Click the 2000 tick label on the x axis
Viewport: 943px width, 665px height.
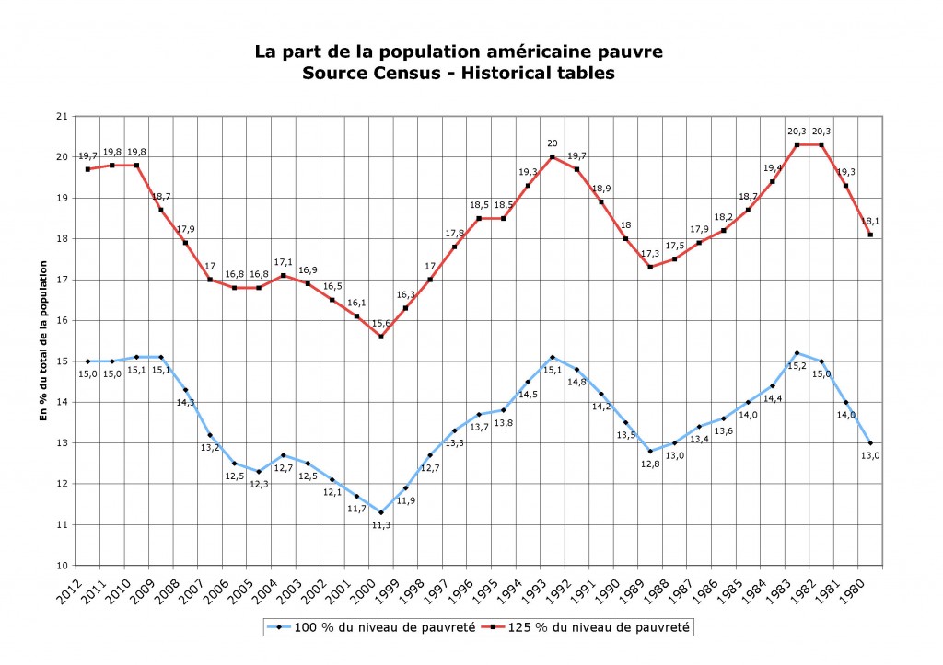pos(373,588)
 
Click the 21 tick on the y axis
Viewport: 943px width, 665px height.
pos(62,116)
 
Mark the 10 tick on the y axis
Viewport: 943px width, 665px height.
pos(62,565)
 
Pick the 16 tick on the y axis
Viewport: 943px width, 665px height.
pos(62,320)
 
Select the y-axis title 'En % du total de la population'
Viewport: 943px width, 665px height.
pos(42,340)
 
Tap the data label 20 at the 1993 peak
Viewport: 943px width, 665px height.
pos(553,143)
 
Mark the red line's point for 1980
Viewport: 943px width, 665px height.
pos(870,235)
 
